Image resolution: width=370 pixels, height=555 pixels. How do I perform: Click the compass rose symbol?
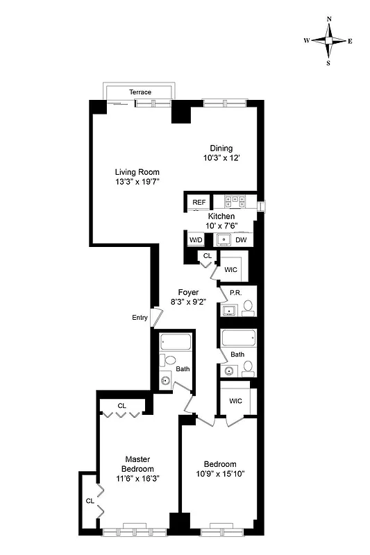[328, 40]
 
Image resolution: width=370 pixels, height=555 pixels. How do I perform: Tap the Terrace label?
[140, 92]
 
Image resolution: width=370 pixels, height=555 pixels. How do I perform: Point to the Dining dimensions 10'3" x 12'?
[221, 158]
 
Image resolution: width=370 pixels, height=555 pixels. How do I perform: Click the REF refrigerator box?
[199, 202]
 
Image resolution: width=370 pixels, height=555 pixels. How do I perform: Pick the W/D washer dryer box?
[196, 240]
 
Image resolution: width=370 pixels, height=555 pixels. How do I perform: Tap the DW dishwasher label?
[241, 240]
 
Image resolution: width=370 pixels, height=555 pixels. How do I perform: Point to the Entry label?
[140, 318]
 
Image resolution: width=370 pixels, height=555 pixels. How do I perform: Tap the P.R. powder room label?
[235, 293]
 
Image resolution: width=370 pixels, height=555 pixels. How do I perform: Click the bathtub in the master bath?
[175, 343]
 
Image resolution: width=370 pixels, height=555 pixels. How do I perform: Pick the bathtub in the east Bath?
[238, 339]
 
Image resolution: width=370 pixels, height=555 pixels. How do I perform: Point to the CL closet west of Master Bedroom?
[90, 500]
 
